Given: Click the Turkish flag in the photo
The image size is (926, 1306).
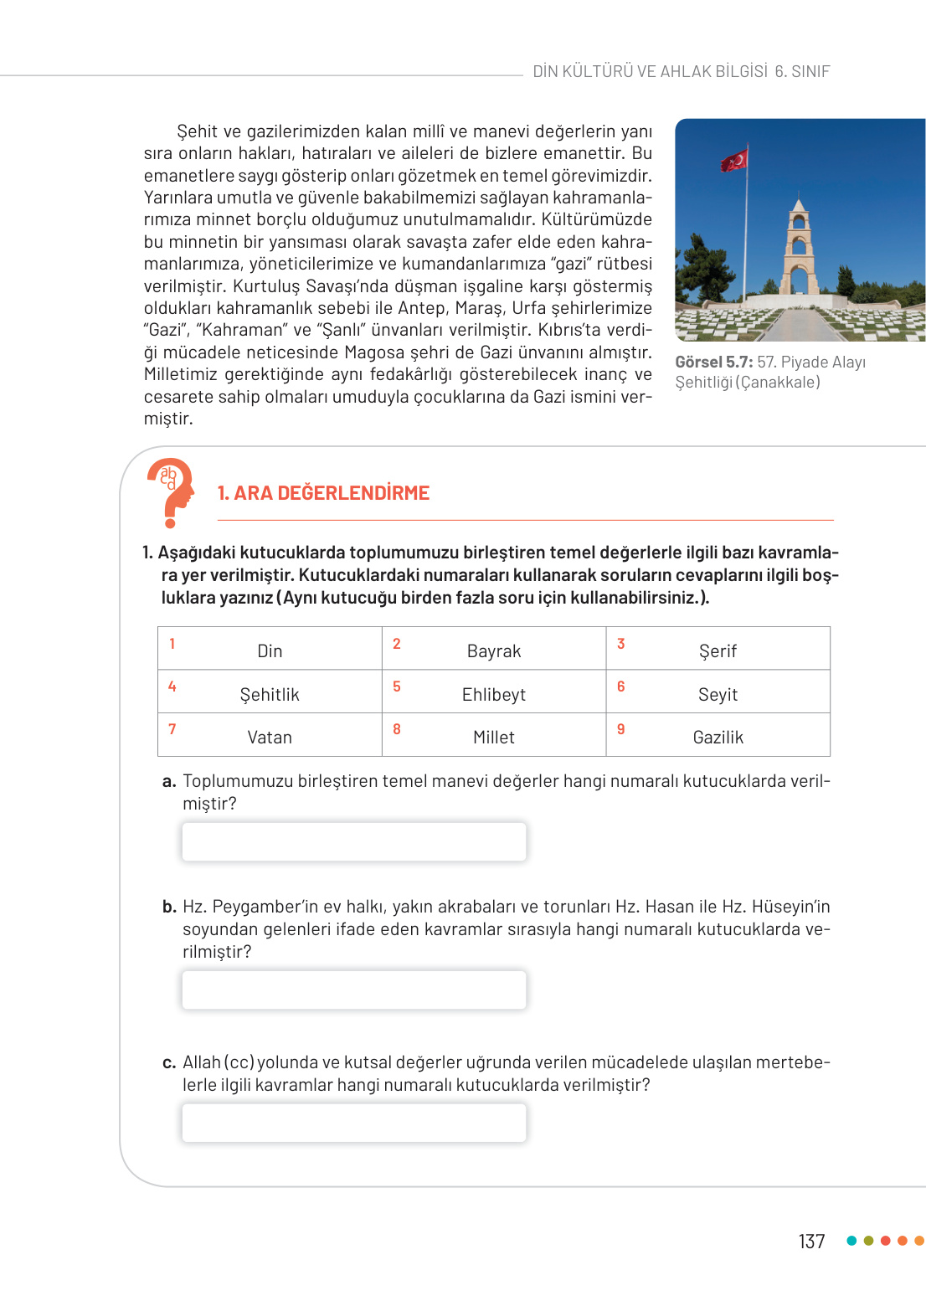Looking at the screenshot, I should click(x=734, y=160).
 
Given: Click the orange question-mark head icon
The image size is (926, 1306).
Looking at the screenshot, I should click(x=172, y=491).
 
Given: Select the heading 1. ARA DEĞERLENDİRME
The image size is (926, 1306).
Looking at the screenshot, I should click(x=323, y=493).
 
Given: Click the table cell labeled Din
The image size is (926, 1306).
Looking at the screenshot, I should click(x=270, y=650).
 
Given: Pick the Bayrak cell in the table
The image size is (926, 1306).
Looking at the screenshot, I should click(x=494, y=650).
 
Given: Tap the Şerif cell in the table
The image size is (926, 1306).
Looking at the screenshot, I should click(x=718, y=650).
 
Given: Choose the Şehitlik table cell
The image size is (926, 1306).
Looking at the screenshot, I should click(x=270, y=694).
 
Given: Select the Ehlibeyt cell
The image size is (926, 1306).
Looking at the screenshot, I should click(x=494, y=694).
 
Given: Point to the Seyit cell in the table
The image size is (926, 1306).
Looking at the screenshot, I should click(x=718, y=694).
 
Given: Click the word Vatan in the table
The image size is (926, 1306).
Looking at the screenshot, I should click(x=270, y=738).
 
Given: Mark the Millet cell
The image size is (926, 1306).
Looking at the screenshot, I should click(x=494, y=738).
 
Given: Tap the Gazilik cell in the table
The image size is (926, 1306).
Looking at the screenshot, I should click(x=718, y=738).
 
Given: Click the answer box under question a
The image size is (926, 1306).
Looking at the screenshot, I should click(x=354, y=841).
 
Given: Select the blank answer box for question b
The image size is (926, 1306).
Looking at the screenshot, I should click(x=354, y=990).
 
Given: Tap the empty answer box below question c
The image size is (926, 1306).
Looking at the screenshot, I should click(x=354, y=1123).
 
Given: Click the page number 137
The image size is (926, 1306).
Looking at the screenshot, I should click(x=811, y=1242).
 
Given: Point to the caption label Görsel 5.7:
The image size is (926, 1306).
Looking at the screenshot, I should click(x=713, y=362).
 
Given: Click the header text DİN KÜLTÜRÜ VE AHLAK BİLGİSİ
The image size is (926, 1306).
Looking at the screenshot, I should click(x=650, y=72).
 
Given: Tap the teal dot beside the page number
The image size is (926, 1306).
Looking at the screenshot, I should click(x=851, y=1241).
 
